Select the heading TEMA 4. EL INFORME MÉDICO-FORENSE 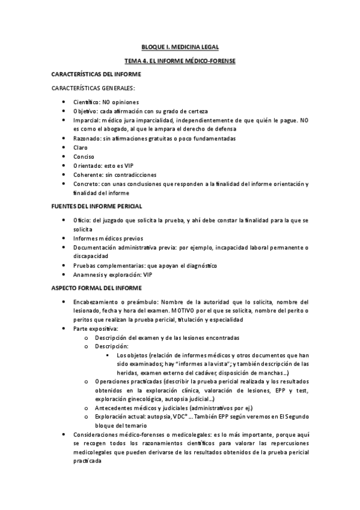pyautogui.click(x=180, y=61)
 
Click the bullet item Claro pyautogui.click(x=81, y=147)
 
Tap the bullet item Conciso pyautogui.click(x=84, y=156)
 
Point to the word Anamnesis pyautogui.click(x=92, y=274)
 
